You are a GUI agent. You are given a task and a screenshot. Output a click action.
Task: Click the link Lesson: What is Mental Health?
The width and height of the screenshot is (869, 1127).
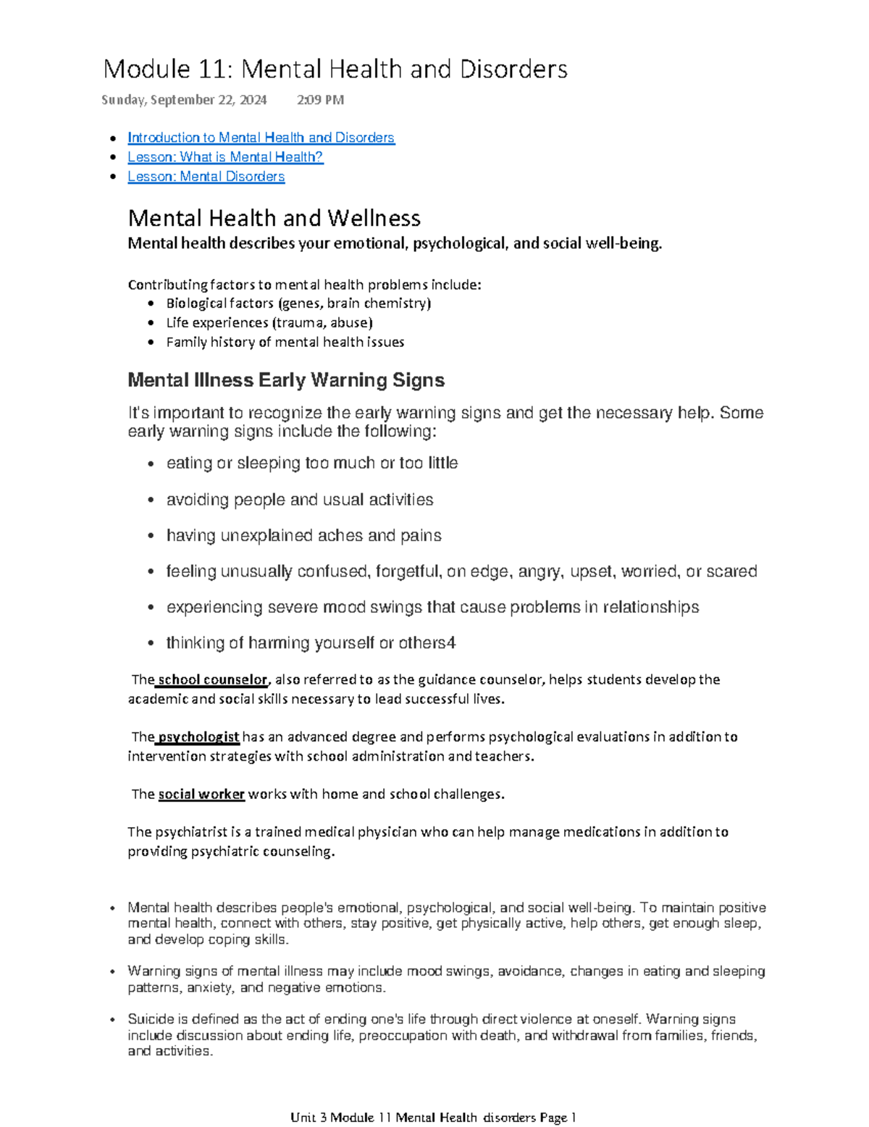(x=225, y=157)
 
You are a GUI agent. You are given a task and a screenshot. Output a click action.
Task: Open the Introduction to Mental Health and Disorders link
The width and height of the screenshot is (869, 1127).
(x=261, y=138)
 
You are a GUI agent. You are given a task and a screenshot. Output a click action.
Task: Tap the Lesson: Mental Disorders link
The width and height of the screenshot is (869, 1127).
(x=206, y=177)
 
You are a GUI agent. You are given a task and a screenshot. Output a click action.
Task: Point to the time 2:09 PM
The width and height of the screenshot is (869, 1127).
(x=320, y=100)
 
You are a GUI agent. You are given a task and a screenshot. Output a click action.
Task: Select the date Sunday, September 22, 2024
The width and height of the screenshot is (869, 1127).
(x=184, y=100)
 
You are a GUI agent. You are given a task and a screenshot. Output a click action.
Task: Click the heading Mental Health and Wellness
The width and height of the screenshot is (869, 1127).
(x=274, y=218)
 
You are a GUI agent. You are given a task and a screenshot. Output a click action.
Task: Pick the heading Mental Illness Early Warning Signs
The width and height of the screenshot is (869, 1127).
(x=285, y=380)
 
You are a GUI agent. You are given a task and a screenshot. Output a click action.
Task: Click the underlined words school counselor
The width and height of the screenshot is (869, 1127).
(x=212, y=680)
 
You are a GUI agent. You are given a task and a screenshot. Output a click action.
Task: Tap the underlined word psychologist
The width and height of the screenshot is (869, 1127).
(x=198, y=737)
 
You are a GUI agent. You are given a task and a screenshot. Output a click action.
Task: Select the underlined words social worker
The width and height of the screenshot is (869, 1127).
(x=201, y=795)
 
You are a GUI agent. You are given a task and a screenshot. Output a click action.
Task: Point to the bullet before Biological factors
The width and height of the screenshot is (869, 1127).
(x=151, y=304)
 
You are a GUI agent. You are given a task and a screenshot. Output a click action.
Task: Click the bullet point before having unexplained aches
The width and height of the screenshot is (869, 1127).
(x=151, y=537)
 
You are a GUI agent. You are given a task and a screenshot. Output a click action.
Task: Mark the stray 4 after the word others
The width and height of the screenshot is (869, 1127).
(x=452, y=643)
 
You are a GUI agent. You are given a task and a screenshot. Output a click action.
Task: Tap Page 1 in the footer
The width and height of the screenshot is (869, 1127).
(x=558, y=1118)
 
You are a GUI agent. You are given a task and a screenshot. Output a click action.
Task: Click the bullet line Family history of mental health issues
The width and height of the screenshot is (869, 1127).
(x=285, y=343)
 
